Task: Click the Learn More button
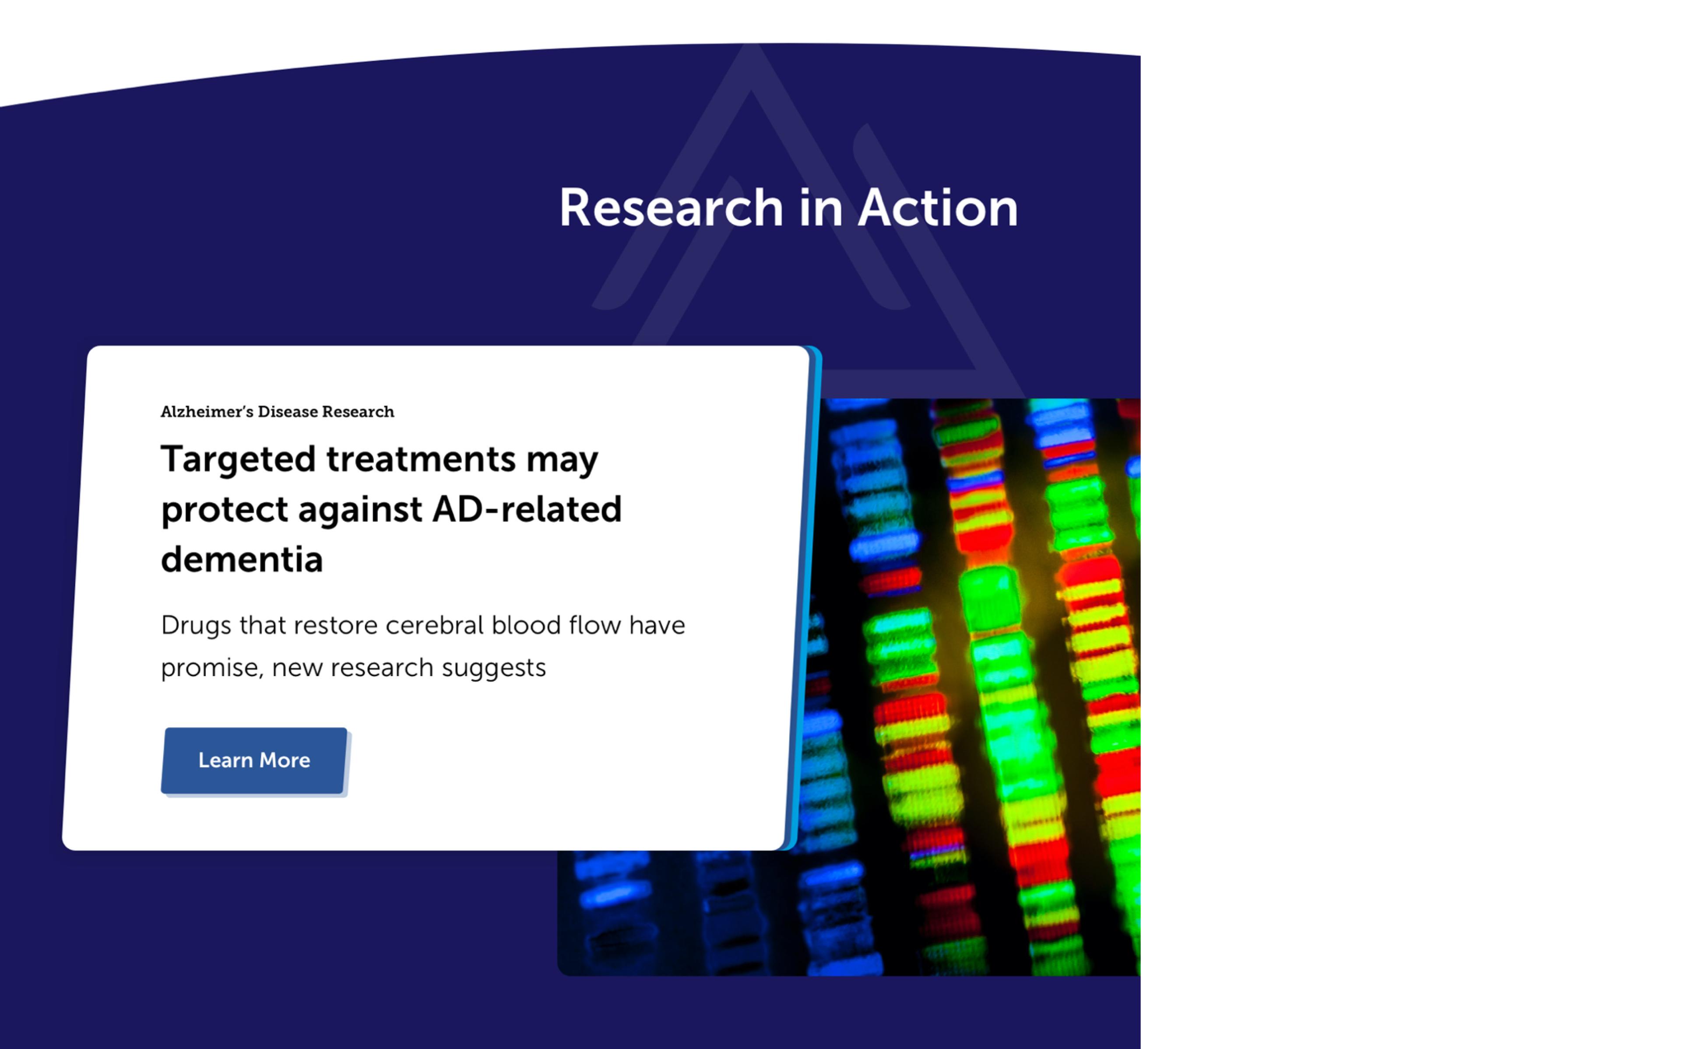click(254, 761)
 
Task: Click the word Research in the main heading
click(671, 208)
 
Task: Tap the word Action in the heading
click(938, 208)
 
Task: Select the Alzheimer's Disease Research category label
click(278, 412)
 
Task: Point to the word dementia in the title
click(242, 559)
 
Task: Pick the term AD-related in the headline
click(527, 509)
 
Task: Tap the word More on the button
click(285, 761)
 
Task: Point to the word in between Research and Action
click(821, 208)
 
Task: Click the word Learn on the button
click(225, 761)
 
